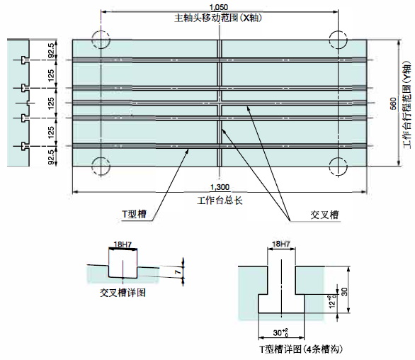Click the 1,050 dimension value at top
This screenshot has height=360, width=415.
pos(219,7)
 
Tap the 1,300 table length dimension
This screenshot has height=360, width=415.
pos(220,187)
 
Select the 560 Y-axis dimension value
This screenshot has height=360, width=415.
pos(394,103)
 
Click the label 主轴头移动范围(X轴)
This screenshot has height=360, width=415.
pos(218,18)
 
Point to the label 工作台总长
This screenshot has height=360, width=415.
pos(220,201)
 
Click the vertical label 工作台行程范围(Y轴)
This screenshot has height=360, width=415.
pos(407,105)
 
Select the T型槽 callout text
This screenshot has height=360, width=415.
pos(134,214)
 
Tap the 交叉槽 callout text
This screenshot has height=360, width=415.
pos(325,215)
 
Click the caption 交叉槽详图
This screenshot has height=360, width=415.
pos(123,293)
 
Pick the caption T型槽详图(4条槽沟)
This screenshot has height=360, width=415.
pos(301,349)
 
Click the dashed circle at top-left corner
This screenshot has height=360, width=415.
pos(101,40)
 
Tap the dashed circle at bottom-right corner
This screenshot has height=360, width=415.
pos(339,167)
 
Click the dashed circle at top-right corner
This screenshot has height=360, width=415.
pos(339,40)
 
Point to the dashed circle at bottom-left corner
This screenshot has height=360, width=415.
pos(101,166)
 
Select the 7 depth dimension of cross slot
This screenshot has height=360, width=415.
pos(179,271)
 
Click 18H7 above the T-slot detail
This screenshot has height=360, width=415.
pos(281,244)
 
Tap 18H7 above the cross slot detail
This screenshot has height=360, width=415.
pos(123,244)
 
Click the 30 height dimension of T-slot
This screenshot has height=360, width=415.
pos(344,292)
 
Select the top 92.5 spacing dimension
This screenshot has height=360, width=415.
pos(51,50)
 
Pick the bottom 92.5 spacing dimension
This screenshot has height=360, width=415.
pos(51,157)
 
